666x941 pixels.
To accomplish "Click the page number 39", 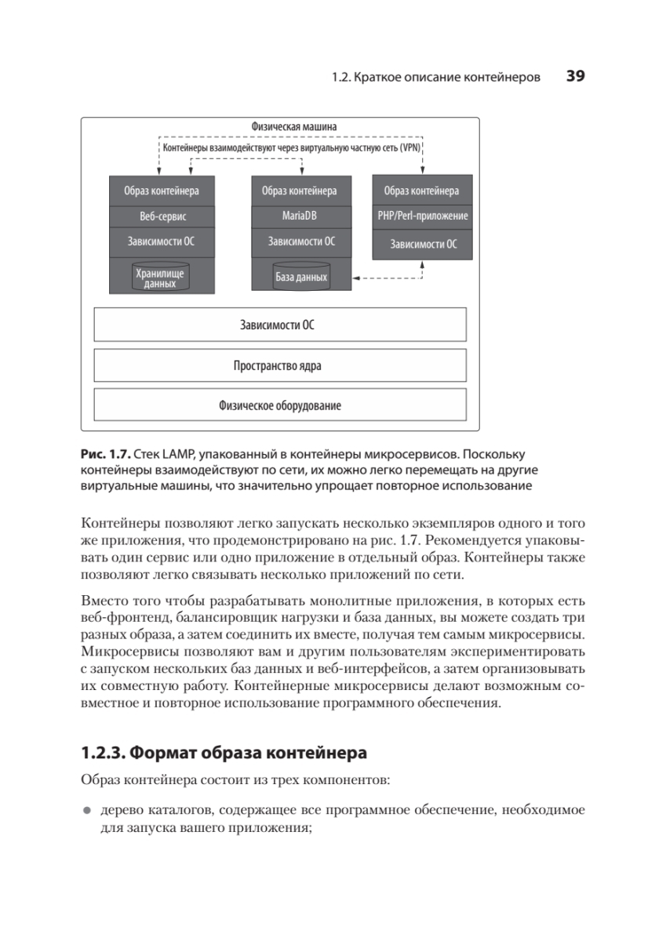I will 576,77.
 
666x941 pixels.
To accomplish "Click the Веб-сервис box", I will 162,216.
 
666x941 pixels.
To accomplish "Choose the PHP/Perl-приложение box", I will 422,216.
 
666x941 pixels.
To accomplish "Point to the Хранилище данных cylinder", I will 161,277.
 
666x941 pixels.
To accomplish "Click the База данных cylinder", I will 300,277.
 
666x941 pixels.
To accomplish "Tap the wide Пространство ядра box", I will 280,365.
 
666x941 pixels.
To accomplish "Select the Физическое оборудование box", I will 280,405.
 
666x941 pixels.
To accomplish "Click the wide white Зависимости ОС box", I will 280,325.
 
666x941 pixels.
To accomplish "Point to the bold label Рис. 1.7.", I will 105,455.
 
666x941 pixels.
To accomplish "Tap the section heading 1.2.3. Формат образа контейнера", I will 224,754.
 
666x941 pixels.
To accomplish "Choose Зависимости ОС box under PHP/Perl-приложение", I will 422,244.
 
